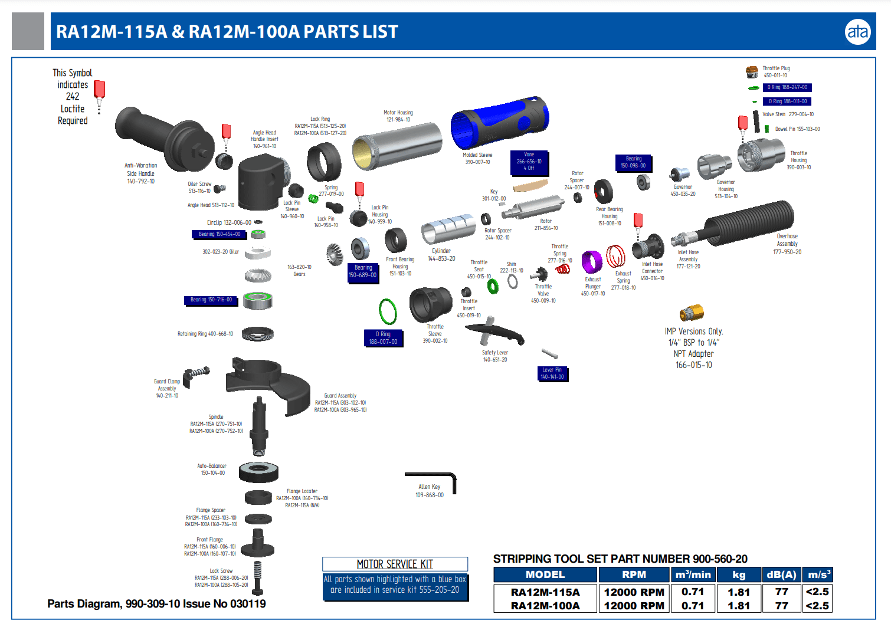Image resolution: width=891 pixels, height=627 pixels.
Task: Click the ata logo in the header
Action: (857, 32)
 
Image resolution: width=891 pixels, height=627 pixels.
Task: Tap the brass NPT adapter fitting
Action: (692, 312)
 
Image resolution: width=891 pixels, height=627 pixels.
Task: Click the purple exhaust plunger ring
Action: (591, 261)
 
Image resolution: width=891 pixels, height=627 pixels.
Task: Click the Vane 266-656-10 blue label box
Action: (529, 162)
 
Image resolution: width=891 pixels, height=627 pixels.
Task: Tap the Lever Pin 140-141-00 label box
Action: (552, 373)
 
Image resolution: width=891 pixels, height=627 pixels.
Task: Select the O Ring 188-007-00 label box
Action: (384, 338)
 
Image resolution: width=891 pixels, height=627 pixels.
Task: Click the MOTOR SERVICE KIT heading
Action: (395, 564)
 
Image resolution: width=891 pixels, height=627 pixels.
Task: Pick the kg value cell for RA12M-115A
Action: (739, 592)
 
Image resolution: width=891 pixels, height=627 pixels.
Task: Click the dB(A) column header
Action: (781, 575)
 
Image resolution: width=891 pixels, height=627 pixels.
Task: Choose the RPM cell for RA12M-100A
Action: (634, 606)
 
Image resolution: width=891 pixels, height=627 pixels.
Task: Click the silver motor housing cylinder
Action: (397, 145)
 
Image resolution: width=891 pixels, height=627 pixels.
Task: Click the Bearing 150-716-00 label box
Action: (211, 300)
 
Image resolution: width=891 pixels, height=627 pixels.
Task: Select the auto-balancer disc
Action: (258, 471)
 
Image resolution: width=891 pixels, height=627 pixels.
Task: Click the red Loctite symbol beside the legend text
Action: (99, 90)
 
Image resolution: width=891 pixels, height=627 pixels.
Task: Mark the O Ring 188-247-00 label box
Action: (787, 87)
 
